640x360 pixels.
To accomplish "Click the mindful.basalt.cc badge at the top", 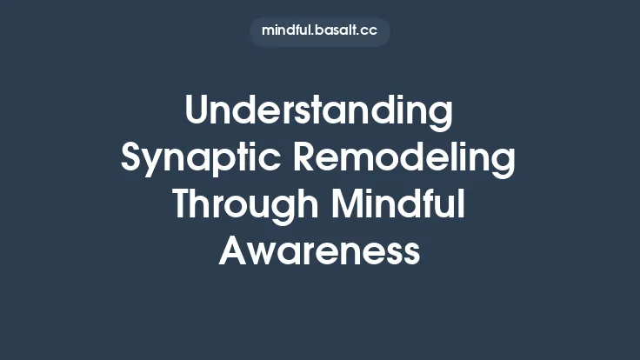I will [x=319, y=31].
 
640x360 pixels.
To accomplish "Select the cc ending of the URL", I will [x=369, y=31].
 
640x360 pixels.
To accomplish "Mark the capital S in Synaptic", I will [x=132, y=159].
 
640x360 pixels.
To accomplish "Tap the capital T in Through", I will [x=183, y=205].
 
